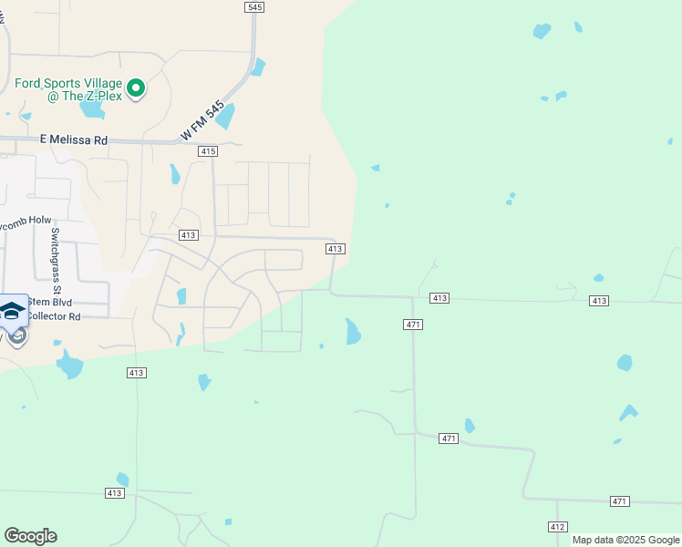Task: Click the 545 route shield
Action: tap(254, 7)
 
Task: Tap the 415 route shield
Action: tap(207, 151)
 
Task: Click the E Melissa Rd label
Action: tap(74, 139)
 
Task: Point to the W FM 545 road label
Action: tap(201, 120)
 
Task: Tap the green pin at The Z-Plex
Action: tap(136, 88)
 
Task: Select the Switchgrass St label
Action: tap(55, 246)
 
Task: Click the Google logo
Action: tap(30, 536)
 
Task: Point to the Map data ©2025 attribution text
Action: tap(625, 540)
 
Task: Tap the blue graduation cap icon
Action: tap(12, 311)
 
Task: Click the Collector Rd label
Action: tap(54, 316)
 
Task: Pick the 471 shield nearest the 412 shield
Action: tap(620, 501)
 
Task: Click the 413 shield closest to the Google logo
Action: tap(113, 493)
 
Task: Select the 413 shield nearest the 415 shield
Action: tap(189, 235)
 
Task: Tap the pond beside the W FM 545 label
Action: tap(224, 116)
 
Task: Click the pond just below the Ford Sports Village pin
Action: tap(91, 108)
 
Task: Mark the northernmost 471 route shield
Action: tap(413, 325)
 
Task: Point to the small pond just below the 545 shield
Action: tap(259, 67)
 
